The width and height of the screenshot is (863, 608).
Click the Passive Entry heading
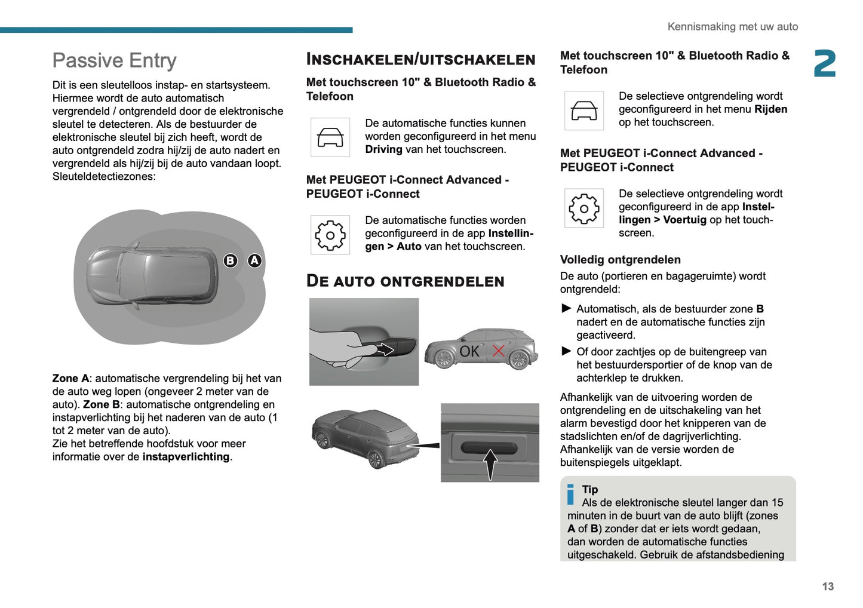[x=114, y=60]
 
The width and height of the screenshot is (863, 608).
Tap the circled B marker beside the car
[x=230, y=260]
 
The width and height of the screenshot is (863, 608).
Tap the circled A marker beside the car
[x=254, y=260]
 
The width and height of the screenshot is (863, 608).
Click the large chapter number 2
[x=825, y=63]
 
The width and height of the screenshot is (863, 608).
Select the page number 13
[x=827, y=586]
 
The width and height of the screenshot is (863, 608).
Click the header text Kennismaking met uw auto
[x=732, y=26]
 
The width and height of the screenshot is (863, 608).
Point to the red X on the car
[x=498, y=351]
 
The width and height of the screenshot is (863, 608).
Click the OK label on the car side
[x=469, y=351]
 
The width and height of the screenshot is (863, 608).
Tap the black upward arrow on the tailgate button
[x=490, y=463]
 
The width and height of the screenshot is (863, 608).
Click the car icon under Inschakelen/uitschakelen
[x=330, y=137]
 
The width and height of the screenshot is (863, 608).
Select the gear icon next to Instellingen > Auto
[x=330, y=235]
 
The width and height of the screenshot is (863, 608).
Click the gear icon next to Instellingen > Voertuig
[x=584, y=208]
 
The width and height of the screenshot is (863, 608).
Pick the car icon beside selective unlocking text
[x=584, y=110]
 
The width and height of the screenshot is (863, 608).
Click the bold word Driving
[x=383, y=149]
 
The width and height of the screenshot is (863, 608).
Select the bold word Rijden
[x=770, y=109]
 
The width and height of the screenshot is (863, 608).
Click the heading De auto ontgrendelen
[x=405, y=281]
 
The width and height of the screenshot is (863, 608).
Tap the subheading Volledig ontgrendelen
[x=620, y=260]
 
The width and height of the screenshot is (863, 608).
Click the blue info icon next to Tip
[x=570, y=494]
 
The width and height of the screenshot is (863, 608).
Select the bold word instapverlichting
[x=186, y=457]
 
